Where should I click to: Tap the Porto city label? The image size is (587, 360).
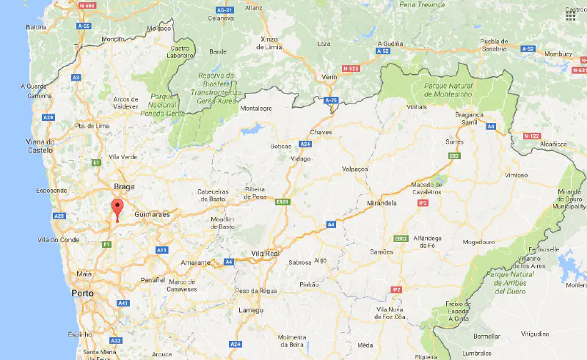pos(82,293)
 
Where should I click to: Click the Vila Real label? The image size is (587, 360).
pos(265,253)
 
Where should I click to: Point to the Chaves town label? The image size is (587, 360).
pos(321,132)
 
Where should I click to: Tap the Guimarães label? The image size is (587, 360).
pos(152,214)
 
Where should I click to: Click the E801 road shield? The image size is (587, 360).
pos(282,201)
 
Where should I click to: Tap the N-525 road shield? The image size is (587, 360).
pos(350,68)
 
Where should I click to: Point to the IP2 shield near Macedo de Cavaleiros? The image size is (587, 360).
pos(423,202)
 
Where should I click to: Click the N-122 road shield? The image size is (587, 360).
pos(531,136)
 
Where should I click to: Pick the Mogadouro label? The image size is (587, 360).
pos(479,243)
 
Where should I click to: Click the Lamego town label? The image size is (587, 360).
pos(251,310)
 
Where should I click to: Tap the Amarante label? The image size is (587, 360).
pos(196,262)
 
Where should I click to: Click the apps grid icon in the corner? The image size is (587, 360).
pos(571,14)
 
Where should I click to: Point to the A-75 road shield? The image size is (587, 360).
pos(331,100)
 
